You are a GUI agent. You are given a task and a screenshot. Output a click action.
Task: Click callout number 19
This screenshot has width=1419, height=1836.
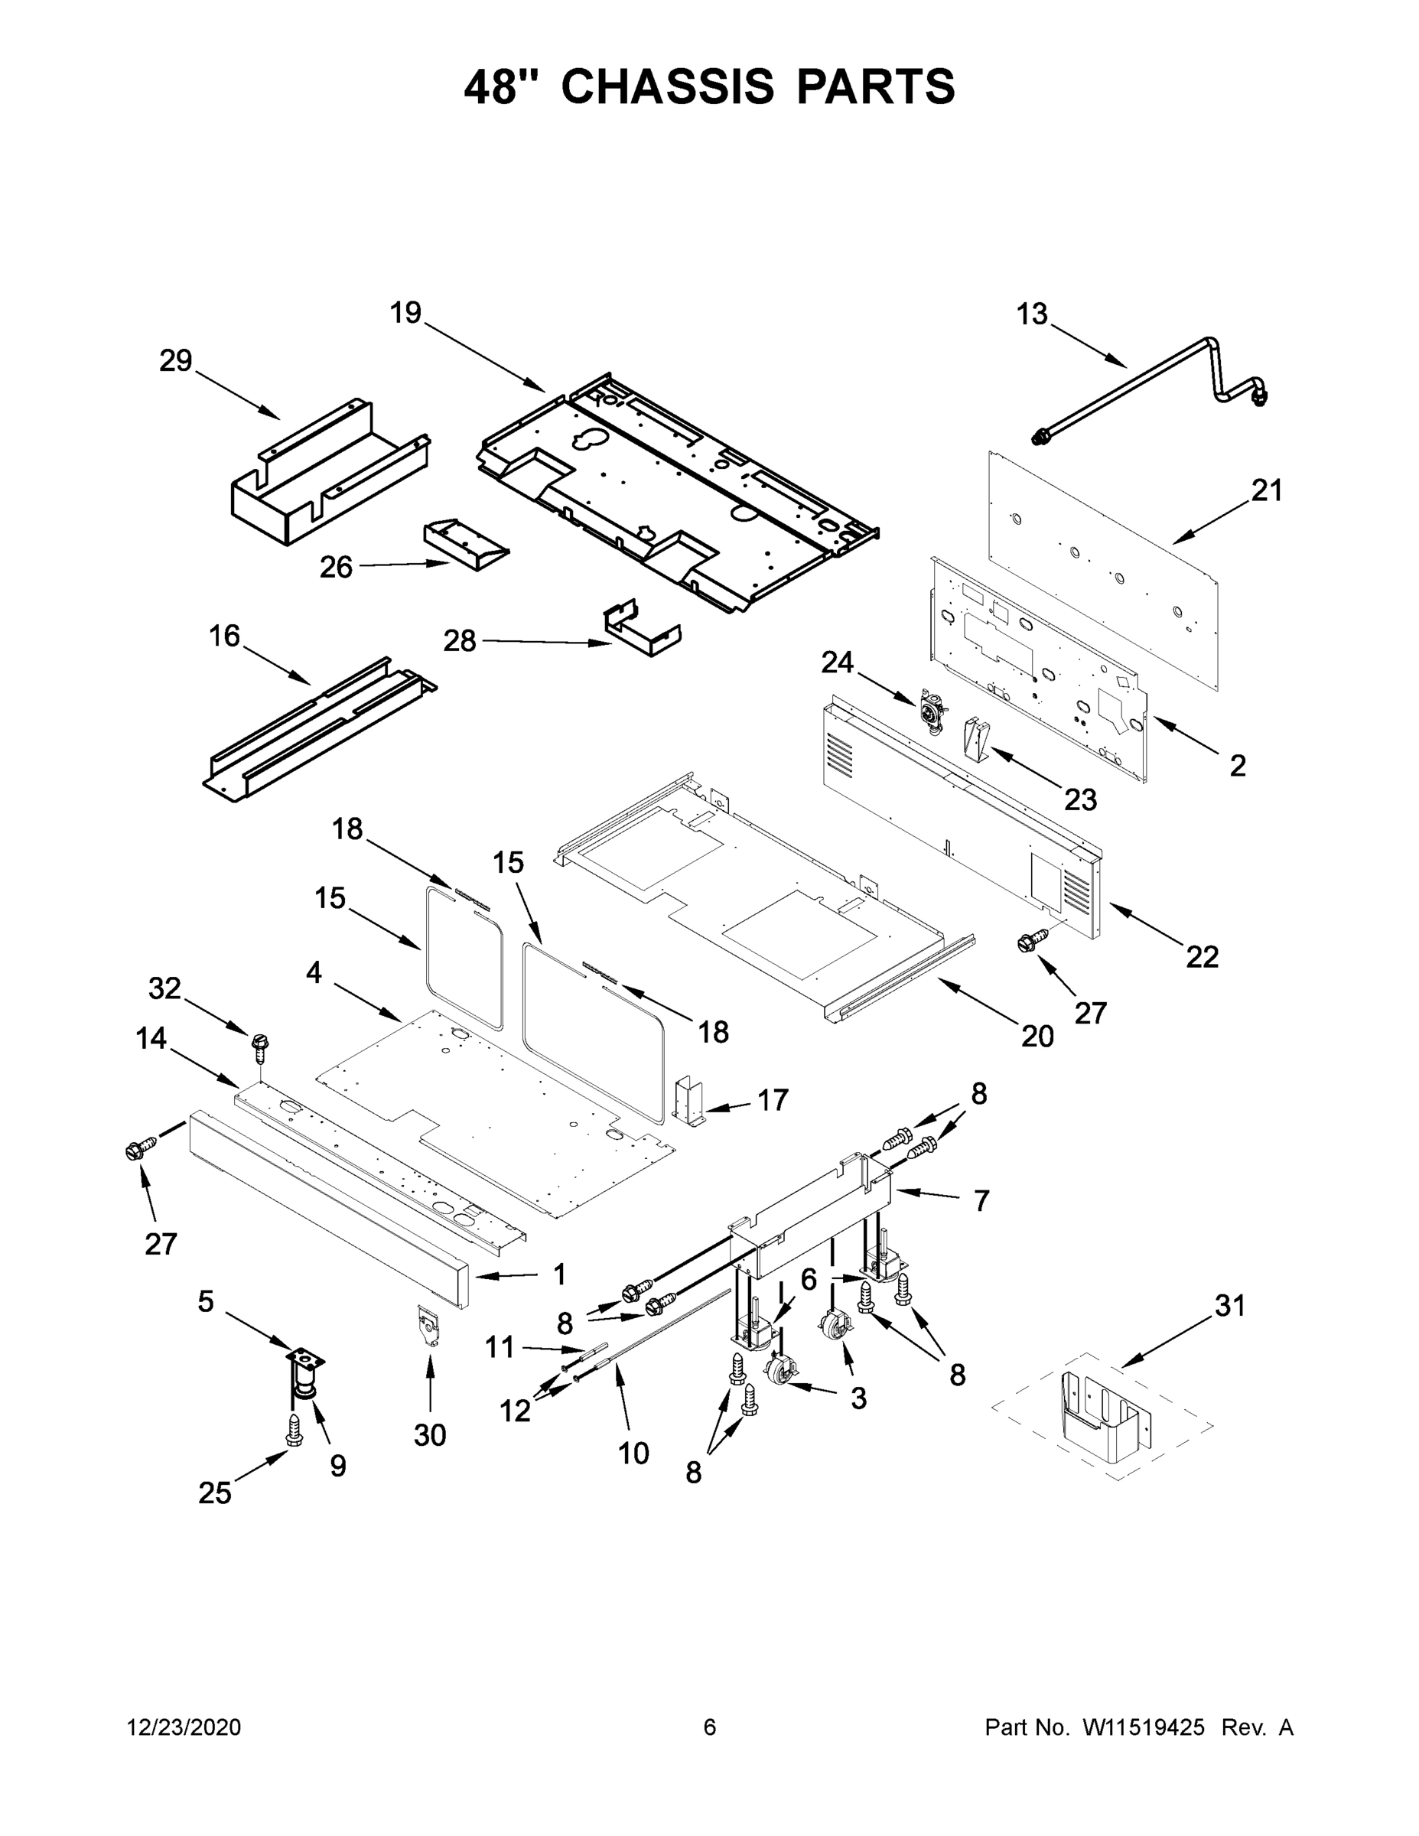pyautogui.click(x=405, y=313)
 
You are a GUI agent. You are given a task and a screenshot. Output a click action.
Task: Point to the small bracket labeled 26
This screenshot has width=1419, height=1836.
pyautogui.click(x=465, y=544)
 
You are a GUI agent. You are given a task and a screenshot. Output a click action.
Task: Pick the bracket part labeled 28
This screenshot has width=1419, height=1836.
pyautogui.click(x=641, y=630)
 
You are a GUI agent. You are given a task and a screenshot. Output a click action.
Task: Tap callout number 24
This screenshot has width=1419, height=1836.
pyautogui.click(x=838, y=663)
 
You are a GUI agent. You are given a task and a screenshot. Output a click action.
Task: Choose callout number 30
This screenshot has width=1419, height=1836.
pyautogui.click(x=430, y=1435)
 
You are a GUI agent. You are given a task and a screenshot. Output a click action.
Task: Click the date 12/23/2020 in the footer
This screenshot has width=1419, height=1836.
pyautogui.click(x=184, y=1727)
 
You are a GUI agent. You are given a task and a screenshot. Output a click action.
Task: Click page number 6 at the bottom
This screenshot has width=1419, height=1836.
pyautogui.click(x=710, y=1727)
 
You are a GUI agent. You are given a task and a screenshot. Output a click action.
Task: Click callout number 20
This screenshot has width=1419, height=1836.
pyautogui.click(x=1037, y=1037)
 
